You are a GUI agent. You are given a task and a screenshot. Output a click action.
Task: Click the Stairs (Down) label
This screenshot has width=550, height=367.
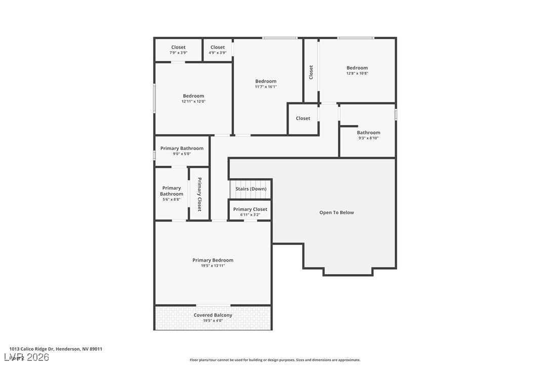pyautogui.click(x=251, y=189)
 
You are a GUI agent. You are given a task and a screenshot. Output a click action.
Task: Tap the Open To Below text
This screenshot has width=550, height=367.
pyautogui.click(x=336, y=212)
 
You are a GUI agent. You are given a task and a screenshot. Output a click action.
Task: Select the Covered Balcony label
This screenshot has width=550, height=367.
pyautogui.click(x=213, y=315)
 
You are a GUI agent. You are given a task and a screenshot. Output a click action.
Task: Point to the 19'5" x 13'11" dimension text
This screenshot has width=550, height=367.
pyautogui.click(x=213, y=266)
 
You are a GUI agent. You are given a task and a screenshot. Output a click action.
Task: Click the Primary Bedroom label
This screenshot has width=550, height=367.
pyautogui.click(x=213, y=260)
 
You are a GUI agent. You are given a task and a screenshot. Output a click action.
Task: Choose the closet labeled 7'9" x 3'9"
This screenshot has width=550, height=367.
pyautogui.click(x=178, y=50)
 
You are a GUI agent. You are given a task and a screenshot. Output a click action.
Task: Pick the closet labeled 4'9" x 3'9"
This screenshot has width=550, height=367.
pyautogui.click(x=218, y=50)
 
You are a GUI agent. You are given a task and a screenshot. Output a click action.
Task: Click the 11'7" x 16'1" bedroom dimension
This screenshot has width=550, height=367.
pyautogui.click(x=266, y=87)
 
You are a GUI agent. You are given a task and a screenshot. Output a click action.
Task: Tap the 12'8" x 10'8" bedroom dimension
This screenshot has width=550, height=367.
pyautogui.click(x=357, y=74)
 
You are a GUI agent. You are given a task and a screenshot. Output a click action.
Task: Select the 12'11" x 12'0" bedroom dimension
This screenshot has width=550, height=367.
pyautogui.click(x=193, y=101)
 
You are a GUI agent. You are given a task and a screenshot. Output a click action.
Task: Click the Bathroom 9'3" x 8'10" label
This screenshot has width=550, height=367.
pyautogui.click(x=368, y=135)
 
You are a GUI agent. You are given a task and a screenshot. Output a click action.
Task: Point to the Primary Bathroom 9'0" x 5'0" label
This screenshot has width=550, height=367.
pyautogui.click(x=182, y=151)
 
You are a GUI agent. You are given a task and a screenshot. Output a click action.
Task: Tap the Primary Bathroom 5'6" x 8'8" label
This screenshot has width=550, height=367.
pyautogui.click(x=172, y=193)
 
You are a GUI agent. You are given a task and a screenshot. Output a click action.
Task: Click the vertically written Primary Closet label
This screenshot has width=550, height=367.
pyautogui.click(x=200, y=194)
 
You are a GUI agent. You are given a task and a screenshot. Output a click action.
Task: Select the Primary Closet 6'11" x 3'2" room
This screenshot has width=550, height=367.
pyautogui.click(x=250, y=211)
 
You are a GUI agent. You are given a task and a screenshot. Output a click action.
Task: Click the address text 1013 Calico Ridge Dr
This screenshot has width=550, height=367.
pyautogui.click(x=56, y=349)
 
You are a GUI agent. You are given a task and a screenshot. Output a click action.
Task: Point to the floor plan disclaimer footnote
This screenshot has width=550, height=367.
pyautogui.click(x=275, y=360)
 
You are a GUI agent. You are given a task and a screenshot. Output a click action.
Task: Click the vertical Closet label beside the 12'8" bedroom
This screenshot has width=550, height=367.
pyautogui.click(x=311, y=72)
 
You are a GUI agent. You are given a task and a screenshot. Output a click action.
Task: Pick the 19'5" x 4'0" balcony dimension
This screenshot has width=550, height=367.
pyautogui.click(x=213, y=320)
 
